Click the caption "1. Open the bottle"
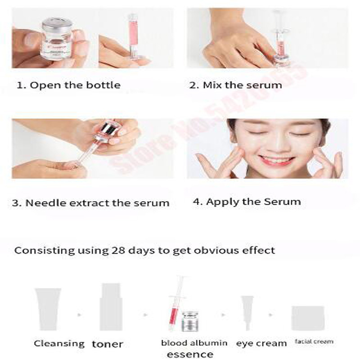[x=68, y=85]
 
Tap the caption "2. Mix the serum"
[x=235, y=85]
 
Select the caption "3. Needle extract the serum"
[x=90, y=203]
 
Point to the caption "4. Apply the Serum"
[x=247, y=202]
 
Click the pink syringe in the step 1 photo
[x=133, y=36]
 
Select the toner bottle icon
[x=111, y=306]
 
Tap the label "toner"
[x=108, y=344]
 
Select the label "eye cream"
[x=261, y=343]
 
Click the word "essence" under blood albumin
[x=190, y=355]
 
